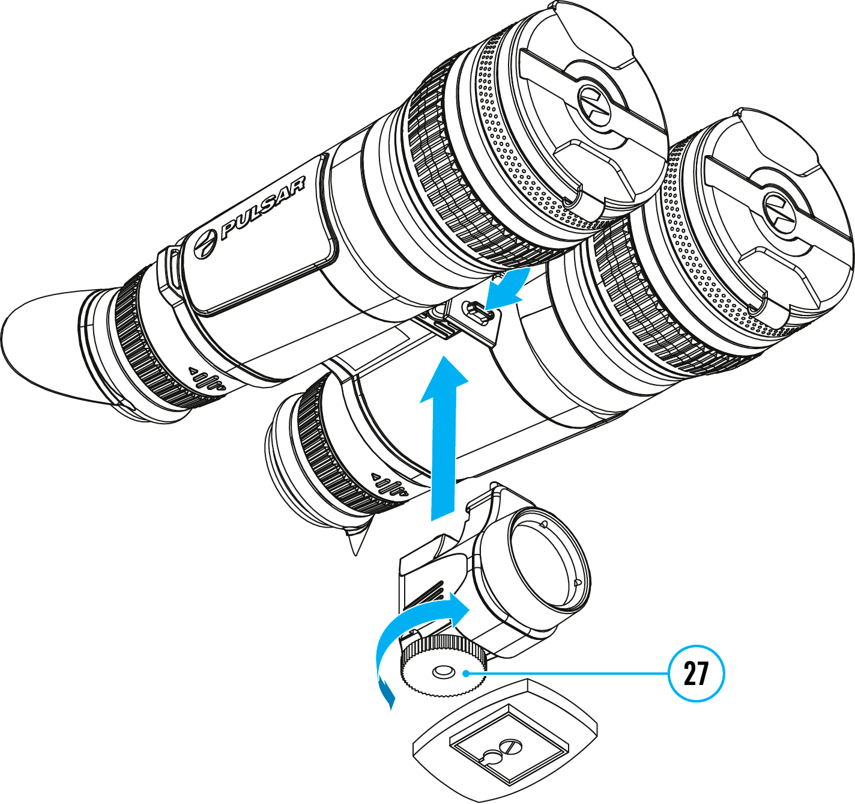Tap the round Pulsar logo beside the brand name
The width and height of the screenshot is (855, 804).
[x=205, y=245]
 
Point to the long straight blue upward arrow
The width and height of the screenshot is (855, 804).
[x=444, y=438]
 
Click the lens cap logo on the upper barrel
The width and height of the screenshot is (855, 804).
[x=594, y=106]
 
